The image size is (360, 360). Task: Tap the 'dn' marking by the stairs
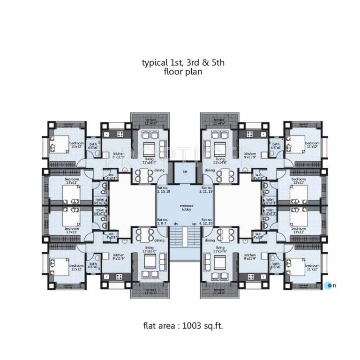tap(175, 224)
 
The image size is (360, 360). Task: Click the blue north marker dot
tap(329, 285)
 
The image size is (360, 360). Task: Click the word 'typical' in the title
tap(153, 63)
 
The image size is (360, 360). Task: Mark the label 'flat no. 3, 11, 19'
tap(208, 189)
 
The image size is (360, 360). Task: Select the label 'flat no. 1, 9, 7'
tap(164, 221)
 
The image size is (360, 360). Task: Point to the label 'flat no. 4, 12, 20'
tap(208, 222)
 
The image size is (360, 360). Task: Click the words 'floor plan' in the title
tap(183, 72)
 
